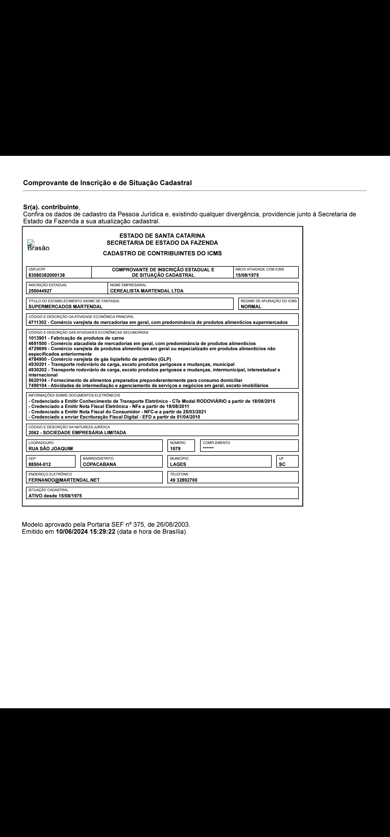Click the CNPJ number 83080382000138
[x=46, y=275]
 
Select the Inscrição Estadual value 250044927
[x=40, y=291]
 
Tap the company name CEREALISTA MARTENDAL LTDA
[x=147, y=291]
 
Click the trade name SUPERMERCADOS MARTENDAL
[x=65, y=306]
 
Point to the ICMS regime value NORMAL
[x=251, y=306]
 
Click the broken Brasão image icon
[x=31, y=243]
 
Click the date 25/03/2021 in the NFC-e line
[x=194, y=412]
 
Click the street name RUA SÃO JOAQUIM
[x=51, y=448]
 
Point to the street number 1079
[x=175, y=448]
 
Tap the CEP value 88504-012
[x=40, y=464]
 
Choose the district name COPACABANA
[x=99, y=464]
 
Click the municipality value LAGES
[x=178, y=464]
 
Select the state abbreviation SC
[x=282, y=464]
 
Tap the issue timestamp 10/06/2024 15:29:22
[x=85, y=532]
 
